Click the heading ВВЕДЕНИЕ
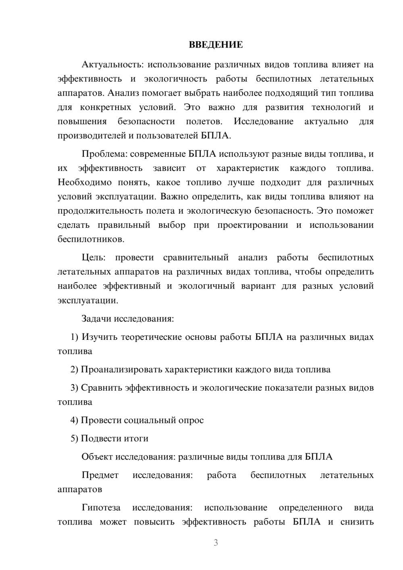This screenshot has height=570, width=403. pos(216,45)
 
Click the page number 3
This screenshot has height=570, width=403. pos(216,543)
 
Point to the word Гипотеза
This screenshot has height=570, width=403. pos(100,508)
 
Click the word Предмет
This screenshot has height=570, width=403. pos(100,475)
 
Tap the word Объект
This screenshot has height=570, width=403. pos(97,457)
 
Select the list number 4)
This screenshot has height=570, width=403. pos(74,420)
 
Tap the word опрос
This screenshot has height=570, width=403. pos(191,420)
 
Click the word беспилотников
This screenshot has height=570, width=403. pos(90,239)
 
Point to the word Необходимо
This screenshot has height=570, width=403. pos(85,183)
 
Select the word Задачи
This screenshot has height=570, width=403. pos(96,319)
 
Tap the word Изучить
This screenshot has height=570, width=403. pos(99,337)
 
